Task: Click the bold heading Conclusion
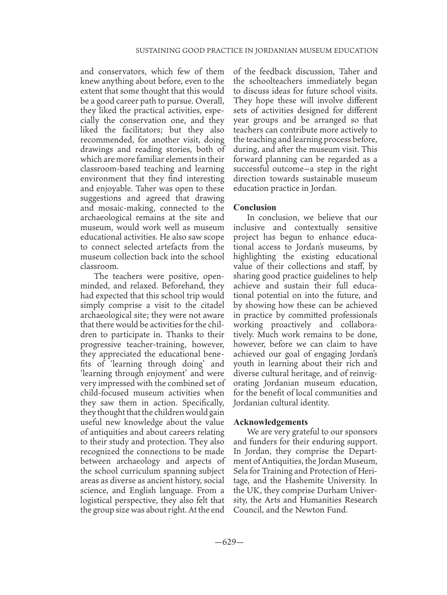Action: tap(254, 207)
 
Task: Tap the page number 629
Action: tap(229, 542)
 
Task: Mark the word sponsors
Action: tap(359, 432)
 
